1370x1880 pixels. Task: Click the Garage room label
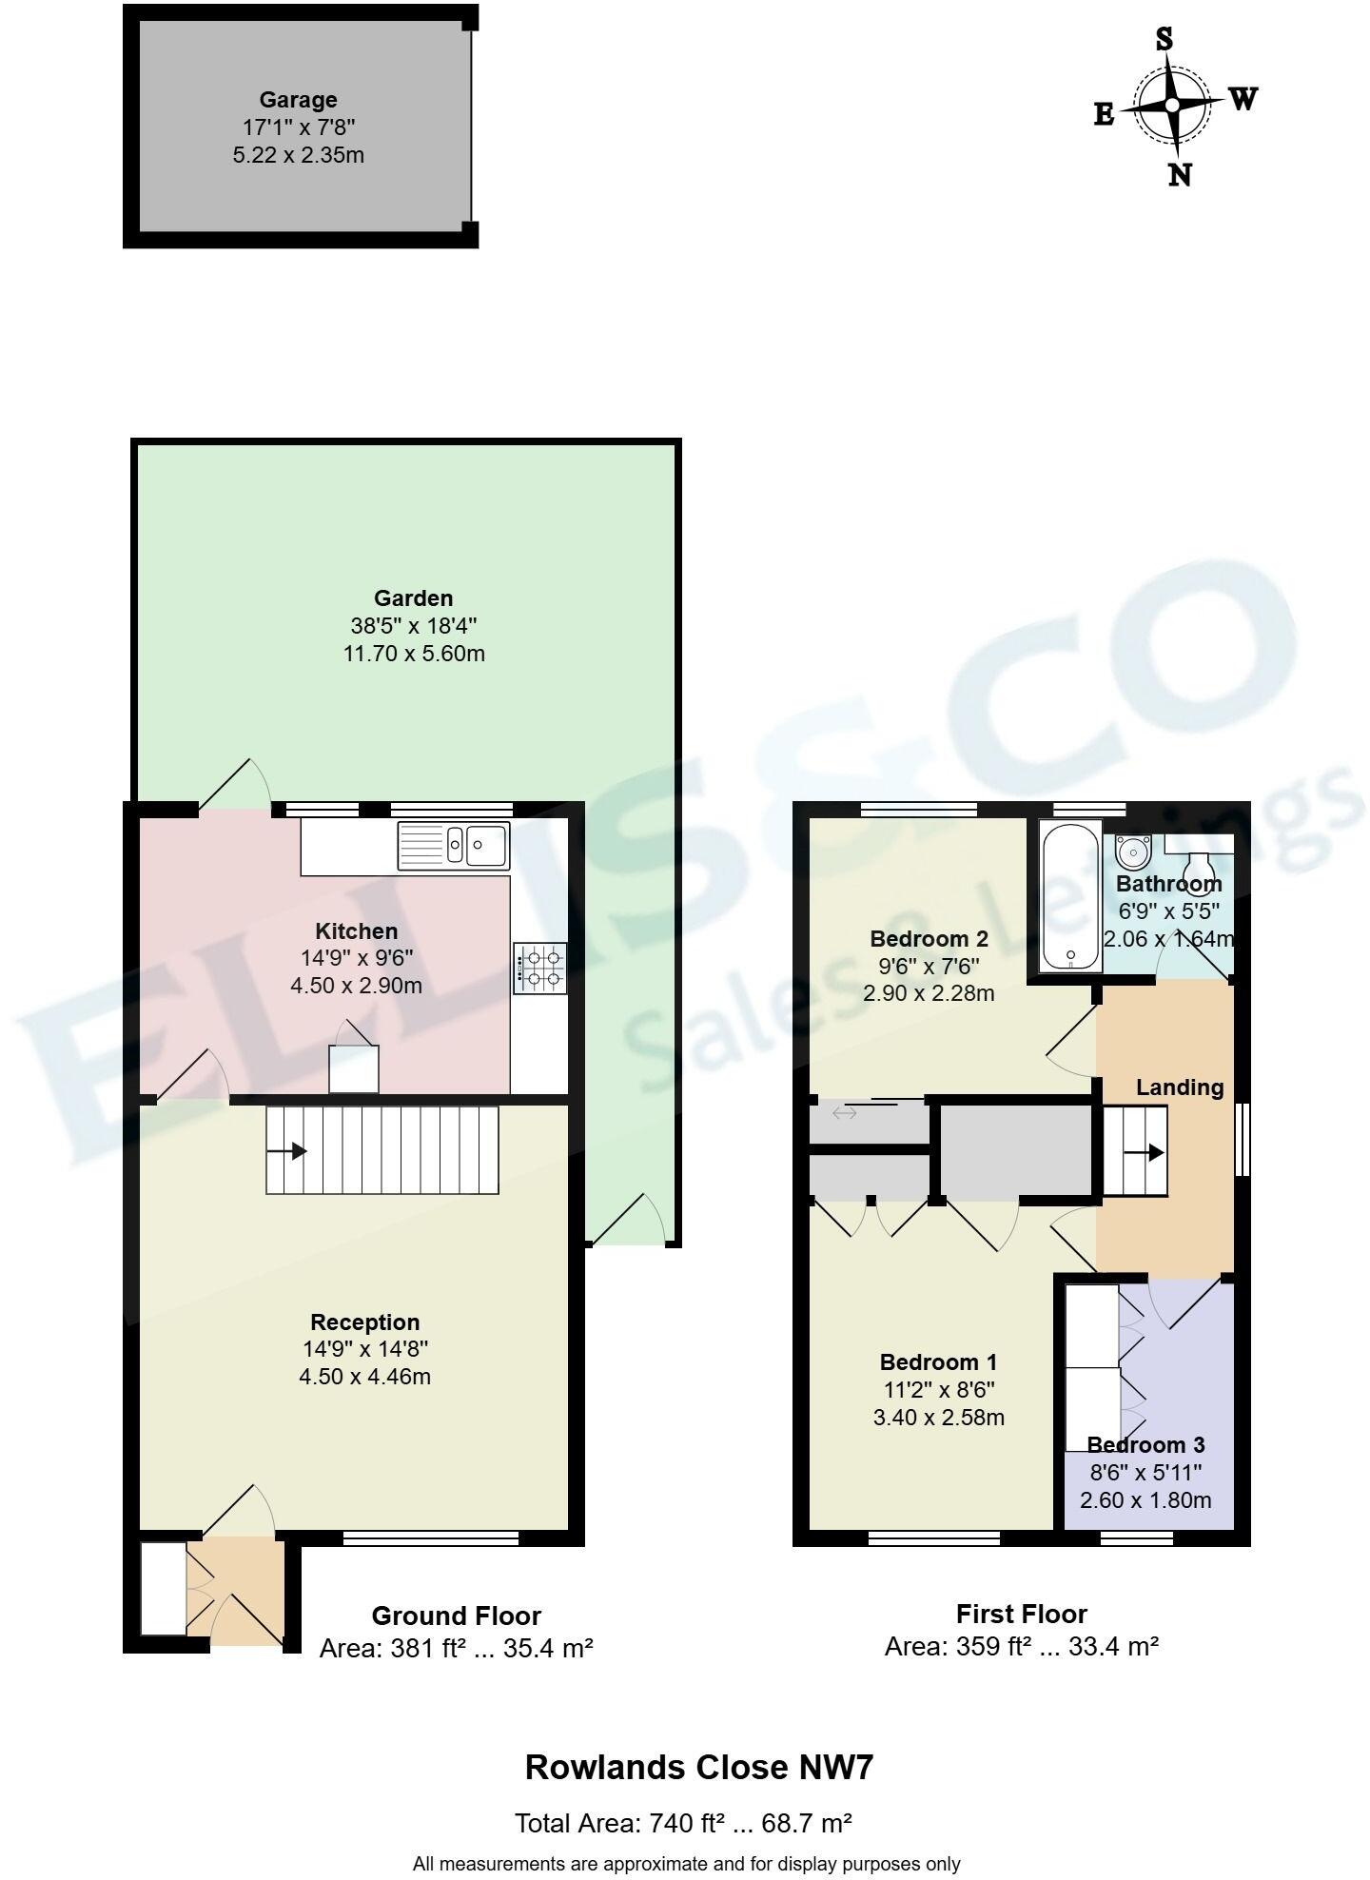point(298,100)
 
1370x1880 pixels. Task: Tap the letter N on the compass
point(1179,175)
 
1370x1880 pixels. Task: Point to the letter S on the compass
point(1164,39)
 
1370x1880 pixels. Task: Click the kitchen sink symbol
point(454,844)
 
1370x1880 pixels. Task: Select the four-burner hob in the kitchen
point(539,968)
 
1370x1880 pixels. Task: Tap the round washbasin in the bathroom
point(1132,850)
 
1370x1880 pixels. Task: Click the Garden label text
point(413,598)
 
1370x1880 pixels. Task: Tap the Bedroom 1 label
point(938,1361)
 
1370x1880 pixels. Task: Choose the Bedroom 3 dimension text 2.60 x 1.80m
point(1145,1500)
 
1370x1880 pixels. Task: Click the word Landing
point(1180,1087)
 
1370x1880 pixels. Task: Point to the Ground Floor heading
point(456,1616)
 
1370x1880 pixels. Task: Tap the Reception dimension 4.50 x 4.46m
point(364,1376)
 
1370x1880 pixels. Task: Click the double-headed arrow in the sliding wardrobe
point(844,1112)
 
